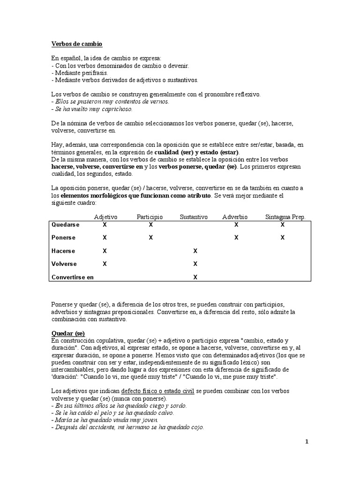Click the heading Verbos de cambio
tap(76, 44)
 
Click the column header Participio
tap(150, 217)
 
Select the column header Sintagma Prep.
tap(285, 217)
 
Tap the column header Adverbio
tap(235, 217)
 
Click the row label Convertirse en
tap(72, 277)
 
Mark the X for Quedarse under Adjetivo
tap(105, 225)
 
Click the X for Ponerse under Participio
tap(150, 238)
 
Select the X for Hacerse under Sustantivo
tap(195, 251)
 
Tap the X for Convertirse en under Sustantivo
tap(195, 277)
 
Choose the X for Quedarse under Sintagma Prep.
tap(282, 225)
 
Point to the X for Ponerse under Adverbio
tap(236, 238)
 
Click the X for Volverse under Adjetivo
tap(105, 264)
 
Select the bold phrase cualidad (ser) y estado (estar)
tap(196, 152)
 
